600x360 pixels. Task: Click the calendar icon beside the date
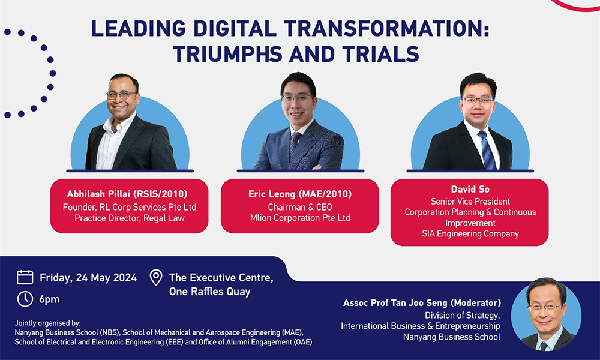25,277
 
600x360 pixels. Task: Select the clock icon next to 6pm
25,299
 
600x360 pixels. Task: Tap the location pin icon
156,278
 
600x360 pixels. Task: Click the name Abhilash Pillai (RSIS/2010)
128,194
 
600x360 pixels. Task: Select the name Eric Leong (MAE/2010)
299,194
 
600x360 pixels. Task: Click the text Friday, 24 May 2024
88,278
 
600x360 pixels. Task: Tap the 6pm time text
50,299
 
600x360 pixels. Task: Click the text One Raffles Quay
209,292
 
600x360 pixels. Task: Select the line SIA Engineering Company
470,233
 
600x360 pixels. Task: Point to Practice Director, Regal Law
128,218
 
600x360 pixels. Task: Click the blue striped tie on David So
487,150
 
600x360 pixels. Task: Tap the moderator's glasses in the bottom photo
545,307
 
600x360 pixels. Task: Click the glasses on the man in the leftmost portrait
122,95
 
